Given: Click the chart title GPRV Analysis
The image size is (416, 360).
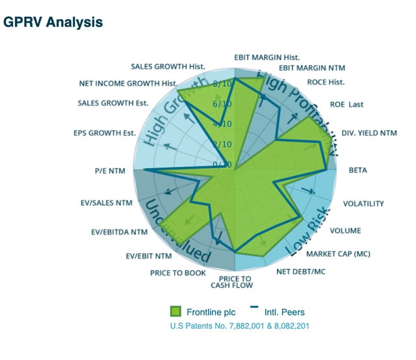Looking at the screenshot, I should click(53, 22).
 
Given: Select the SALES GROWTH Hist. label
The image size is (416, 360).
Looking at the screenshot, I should click(168, 66).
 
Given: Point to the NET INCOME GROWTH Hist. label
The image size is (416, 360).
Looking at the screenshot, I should click(128, 83).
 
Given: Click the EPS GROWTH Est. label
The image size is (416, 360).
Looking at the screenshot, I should click(105, 134).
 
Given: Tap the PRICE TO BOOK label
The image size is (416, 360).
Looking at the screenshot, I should click(177, 273).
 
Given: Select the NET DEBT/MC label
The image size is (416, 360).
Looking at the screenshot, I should click(300, 272).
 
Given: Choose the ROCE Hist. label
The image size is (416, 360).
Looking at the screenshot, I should click(326, 83).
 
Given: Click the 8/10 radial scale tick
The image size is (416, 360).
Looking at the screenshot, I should click(222, 84).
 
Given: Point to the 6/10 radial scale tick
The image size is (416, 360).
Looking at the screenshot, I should click(222, 104).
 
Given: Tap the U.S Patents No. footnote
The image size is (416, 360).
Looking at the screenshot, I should click(239, 326).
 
